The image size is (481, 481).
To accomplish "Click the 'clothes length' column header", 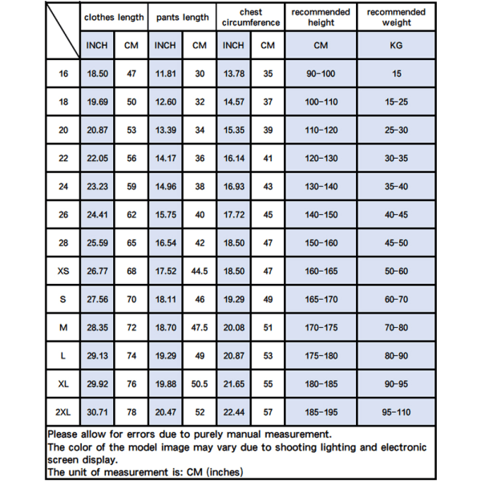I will (114, 17).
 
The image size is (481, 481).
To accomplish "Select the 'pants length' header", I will (183, 17).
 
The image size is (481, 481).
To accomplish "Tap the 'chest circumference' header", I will (250, 17).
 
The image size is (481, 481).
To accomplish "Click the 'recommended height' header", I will (321, 17).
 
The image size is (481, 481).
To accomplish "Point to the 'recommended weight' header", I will (396, 17).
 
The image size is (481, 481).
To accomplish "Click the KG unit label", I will (396, 46).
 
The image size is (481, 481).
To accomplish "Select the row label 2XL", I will (63, 412).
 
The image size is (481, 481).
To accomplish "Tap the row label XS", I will (63, 271).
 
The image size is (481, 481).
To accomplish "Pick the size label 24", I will (63, 187).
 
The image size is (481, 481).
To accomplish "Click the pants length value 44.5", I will (200, 271).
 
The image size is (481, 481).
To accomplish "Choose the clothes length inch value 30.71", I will (97, 412).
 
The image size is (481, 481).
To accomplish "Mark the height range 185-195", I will (321, 412).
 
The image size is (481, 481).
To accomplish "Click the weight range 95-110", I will (396, 412).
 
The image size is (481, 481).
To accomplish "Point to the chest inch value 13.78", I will (233, 74).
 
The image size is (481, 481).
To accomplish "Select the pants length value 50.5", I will (200, 384).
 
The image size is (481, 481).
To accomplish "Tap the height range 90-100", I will (321, 74).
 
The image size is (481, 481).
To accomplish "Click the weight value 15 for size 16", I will (396, 74).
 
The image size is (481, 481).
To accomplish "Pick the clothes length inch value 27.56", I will (97, 299).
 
